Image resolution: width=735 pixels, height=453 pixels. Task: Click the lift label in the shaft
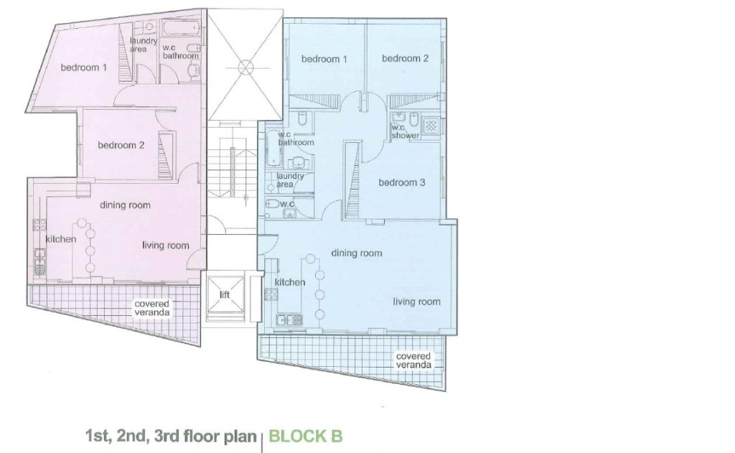pos(225,294)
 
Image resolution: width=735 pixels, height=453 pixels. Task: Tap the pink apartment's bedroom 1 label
pos(84,67)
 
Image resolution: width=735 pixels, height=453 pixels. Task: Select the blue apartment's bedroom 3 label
pos(402,182)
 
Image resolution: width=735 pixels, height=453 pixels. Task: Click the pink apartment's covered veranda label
pos(152,308)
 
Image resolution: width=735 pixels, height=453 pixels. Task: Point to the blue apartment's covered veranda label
pos(413,360)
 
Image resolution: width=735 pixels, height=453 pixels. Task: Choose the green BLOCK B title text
pos(306,436)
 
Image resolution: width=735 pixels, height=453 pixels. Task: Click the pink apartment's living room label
pos(166,246)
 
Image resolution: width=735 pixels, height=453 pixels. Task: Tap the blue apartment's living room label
pos(417,302)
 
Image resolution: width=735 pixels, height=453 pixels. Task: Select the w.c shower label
pos(406,132)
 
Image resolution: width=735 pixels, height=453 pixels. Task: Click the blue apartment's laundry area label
pos(290,180)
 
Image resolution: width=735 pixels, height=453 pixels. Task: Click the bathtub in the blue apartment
pos(273,148)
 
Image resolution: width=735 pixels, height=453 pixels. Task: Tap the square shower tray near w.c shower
pos(431,126)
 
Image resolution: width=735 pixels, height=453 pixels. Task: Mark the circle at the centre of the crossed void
pos(245,67)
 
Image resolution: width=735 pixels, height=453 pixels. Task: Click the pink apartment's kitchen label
pos(60,239)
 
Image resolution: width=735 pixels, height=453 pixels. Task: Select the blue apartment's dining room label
pos(357,253)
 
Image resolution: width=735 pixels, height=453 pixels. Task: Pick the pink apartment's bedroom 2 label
pos(121,145)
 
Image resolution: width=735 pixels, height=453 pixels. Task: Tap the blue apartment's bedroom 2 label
pos(405,59)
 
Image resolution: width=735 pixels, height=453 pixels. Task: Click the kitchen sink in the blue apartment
pos(290,320)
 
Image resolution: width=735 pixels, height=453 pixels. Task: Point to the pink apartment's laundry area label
pos(143,45)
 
